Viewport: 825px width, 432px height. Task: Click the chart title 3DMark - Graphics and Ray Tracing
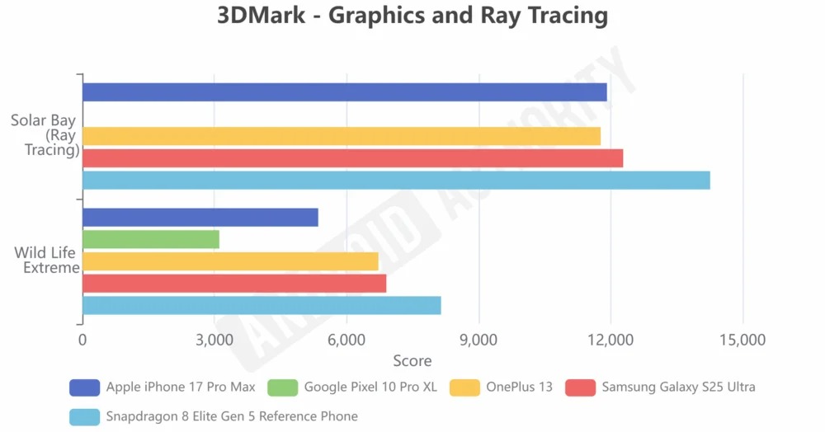(x=412, y=16)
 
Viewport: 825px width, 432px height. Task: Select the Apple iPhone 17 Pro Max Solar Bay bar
(x=345, y=92)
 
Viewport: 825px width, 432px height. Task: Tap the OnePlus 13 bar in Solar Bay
(x=342, y=136)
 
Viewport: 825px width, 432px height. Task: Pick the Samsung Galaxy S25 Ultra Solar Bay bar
(x=353, y=158)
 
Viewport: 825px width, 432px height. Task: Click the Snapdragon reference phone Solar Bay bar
(x=396, y=181)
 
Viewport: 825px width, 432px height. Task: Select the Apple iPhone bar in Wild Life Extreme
(x=200, y=218)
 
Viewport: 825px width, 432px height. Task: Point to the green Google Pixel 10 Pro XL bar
(x=151, y=240)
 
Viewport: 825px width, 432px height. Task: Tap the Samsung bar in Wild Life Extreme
(x=234, y=284)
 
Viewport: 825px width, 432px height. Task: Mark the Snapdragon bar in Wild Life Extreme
(x=262, y=306)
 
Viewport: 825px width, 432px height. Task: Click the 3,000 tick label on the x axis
(x=214, y=340)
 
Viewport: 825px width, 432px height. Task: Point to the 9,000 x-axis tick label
(x=478, y=340)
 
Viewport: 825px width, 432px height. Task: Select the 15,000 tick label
(x=742, y=340)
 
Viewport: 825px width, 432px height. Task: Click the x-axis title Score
(x=412, y=361)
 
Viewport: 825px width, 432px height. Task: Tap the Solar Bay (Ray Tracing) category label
(x=45, y=135)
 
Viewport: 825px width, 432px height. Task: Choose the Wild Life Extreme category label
(x=47, y=261)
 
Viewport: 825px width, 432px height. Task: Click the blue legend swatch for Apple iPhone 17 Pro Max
(x=85, y=387)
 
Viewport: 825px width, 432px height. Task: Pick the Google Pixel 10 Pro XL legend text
(x=370, y=387)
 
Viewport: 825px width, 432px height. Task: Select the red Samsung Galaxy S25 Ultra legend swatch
(x=581, y=387)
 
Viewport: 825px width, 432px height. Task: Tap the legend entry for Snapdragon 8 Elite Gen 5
(x=232, y=416)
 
